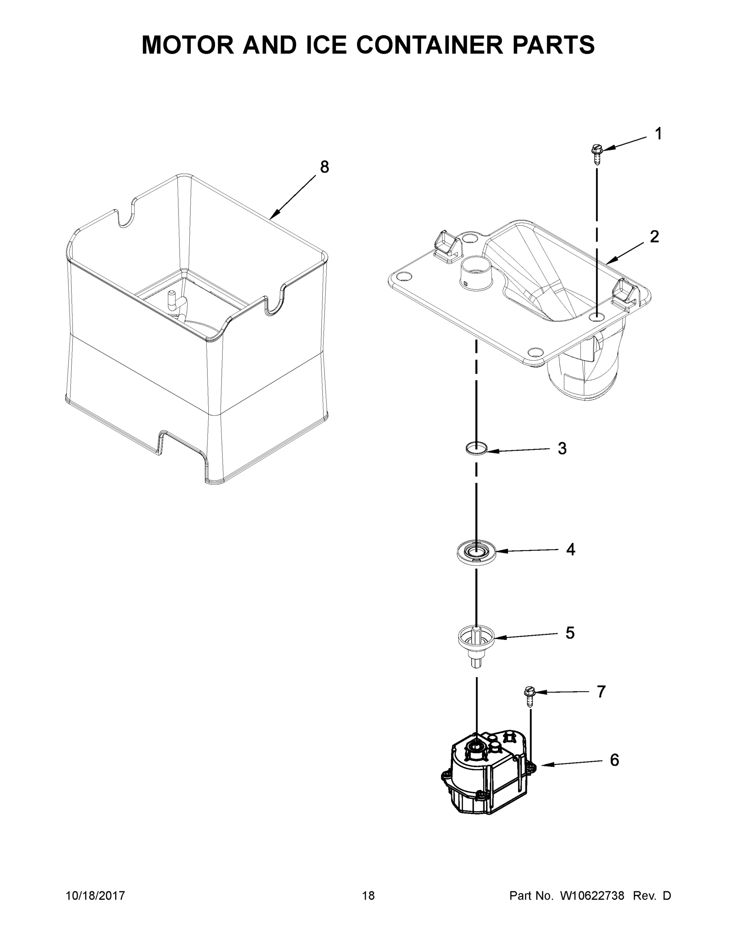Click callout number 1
pos(658,134)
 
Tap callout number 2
pos(654,237)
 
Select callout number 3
pos(562,449)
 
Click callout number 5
pos(570,633)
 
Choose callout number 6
pos(614,760)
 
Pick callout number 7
pos(601,692)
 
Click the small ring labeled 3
pos(476,448)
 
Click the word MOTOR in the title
pos(188,45)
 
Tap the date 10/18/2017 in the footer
pos(95,895)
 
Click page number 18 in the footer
pos(369,895)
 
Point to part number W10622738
pos(592,895)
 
